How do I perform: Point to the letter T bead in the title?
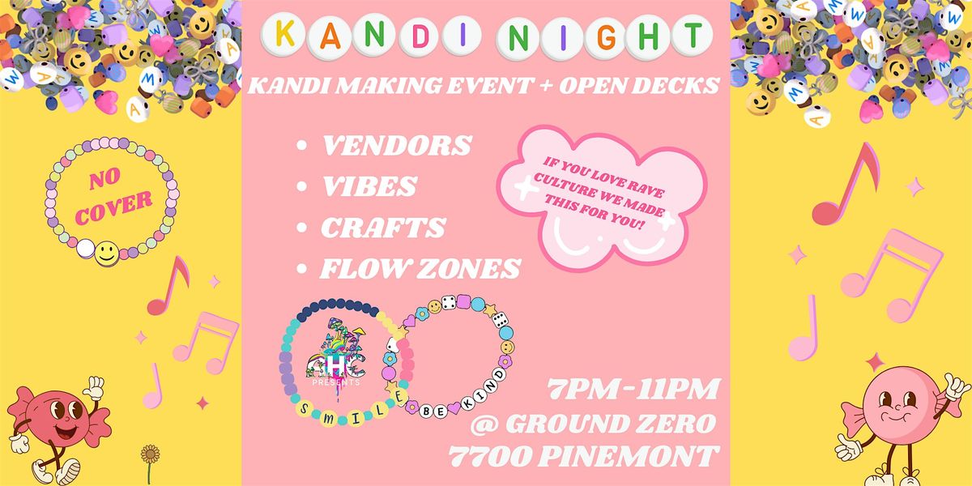click(690, 36)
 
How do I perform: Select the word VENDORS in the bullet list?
click(396, 146)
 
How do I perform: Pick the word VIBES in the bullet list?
click(369, 186)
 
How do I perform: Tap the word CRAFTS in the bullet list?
click(383, 228)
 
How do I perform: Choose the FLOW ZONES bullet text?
click(420, 268)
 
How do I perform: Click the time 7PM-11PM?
click(634, 390)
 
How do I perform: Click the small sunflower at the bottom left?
click(149, 454)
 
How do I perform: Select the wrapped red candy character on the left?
click(62, 426)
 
